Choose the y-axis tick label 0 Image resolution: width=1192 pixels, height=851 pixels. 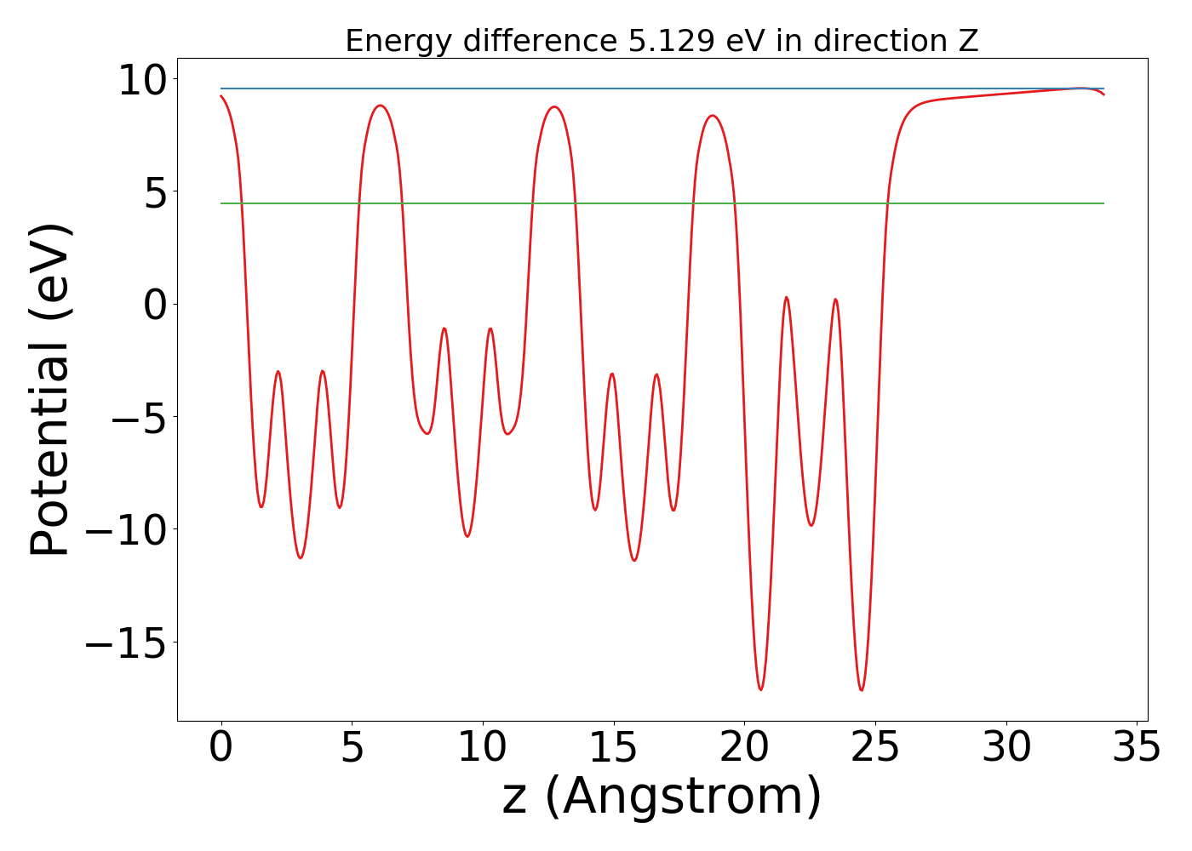click(155, 305)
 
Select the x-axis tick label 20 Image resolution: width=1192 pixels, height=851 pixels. click(744, 748)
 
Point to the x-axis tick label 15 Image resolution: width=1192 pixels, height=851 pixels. click(613, 748)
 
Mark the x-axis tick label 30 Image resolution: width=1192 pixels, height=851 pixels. click(1006, 748)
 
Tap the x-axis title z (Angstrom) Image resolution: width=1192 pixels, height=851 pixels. click(662, 797)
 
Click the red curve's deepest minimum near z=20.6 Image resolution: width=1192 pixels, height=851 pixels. click(760, 689)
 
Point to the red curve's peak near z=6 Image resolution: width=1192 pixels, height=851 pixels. click(380, 106)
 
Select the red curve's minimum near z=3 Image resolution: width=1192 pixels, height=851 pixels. click(300, 558)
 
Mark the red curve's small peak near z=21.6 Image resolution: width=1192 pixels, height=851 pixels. click(786, 297)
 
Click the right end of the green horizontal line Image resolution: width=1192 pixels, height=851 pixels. click(1103, 203)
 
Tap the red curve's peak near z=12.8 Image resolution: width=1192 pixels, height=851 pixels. click(555, 106)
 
